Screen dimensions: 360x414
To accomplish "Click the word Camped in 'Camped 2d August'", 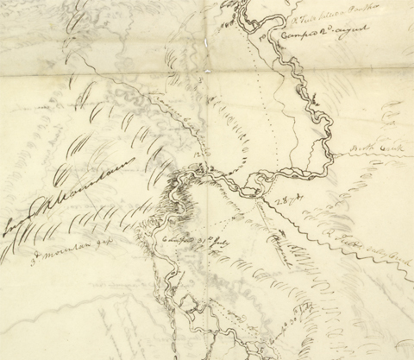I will (x=298, y=37).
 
